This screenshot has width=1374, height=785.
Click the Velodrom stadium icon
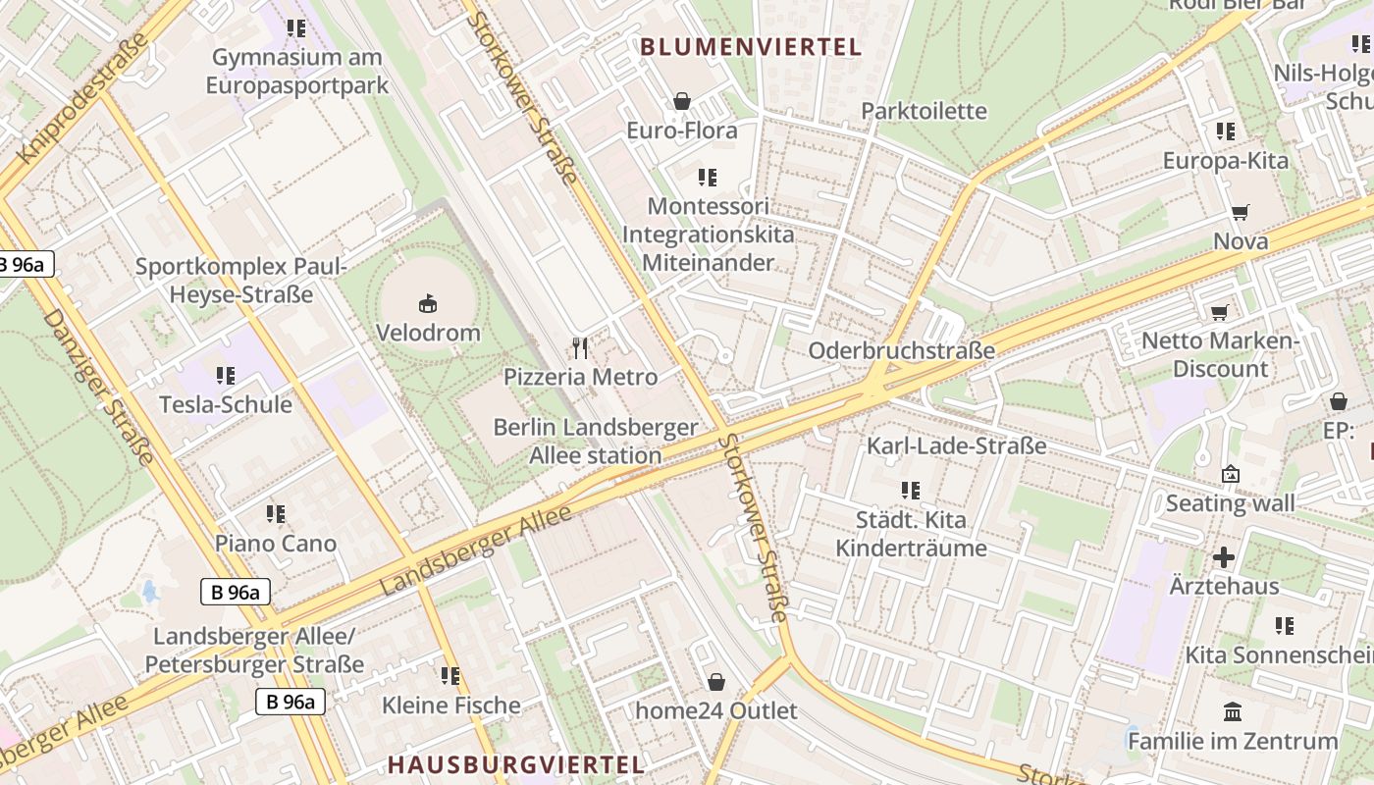coord(428,303)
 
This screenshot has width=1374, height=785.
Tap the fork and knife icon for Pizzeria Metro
coord(580,347)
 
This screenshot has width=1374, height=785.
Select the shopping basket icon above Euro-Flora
coord(681,101)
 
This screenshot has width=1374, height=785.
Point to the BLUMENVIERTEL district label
coord(751,46)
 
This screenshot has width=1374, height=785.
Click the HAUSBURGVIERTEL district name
coord(516,764)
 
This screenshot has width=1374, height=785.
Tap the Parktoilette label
coord(924,111)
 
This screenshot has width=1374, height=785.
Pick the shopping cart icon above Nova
coord(1241,212)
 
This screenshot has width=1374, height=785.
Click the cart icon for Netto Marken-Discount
coord(1219,312)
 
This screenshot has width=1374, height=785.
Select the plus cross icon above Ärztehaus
coord(1223,557)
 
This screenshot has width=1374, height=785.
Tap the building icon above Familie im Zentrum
coord(1232,711)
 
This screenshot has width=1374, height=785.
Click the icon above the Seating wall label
coord(1230,475)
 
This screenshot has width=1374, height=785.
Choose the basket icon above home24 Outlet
coord(716,681)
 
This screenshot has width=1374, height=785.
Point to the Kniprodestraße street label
coord(82,98)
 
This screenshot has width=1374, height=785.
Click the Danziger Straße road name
coord(99,388)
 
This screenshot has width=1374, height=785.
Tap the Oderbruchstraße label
coord(901,350)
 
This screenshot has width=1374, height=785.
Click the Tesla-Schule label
coord(226,404)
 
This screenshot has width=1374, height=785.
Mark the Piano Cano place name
coord(276,544)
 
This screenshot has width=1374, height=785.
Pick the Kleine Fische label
coord(451,706)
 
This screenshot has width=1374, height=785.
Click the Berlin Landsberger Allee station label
coord(596,442)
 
